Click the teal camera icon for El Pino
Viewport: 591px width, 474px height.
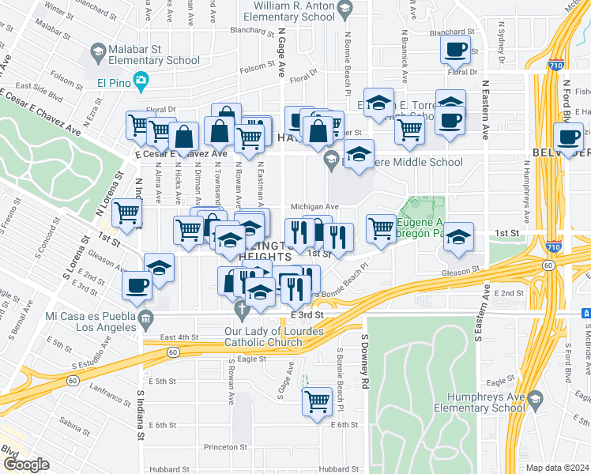[141, 80]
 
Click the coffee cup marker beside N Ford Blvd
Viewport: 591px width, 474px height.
[570, 136]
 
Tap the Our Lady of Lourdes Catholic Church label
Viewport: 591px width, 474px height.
[263, 337]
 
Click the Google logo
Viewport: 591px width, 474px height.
[26, 464]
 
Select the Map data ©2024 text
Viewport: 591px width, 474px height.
[557, 468]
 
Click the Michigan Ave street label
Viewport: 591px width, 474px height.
[314, 206]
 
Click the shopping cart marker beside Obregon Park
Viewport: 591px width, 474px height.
[381, 228]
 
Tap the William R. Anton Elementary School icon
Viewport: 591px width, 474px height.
[344, 11]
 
